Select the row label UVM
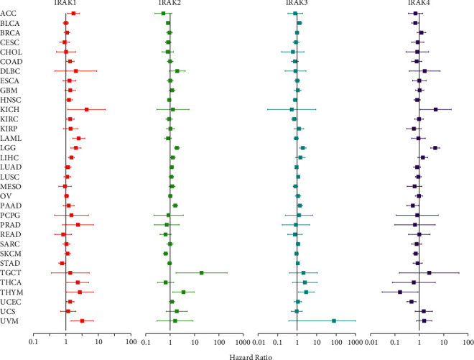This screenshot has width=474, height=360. point(9,320)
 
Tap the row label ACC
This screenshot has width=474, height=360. point(9,13)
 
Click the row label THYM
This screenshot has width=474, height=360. point(11,292)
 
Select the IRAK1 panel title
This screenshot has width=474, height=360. point(66,4)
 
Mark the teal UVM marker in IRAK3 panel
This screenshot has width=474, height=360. point(334,320)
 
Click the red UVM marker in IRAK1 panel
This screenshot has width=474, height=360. point(82,320)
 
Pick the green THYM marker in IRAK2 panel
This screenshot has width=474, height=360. point(183,292)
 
